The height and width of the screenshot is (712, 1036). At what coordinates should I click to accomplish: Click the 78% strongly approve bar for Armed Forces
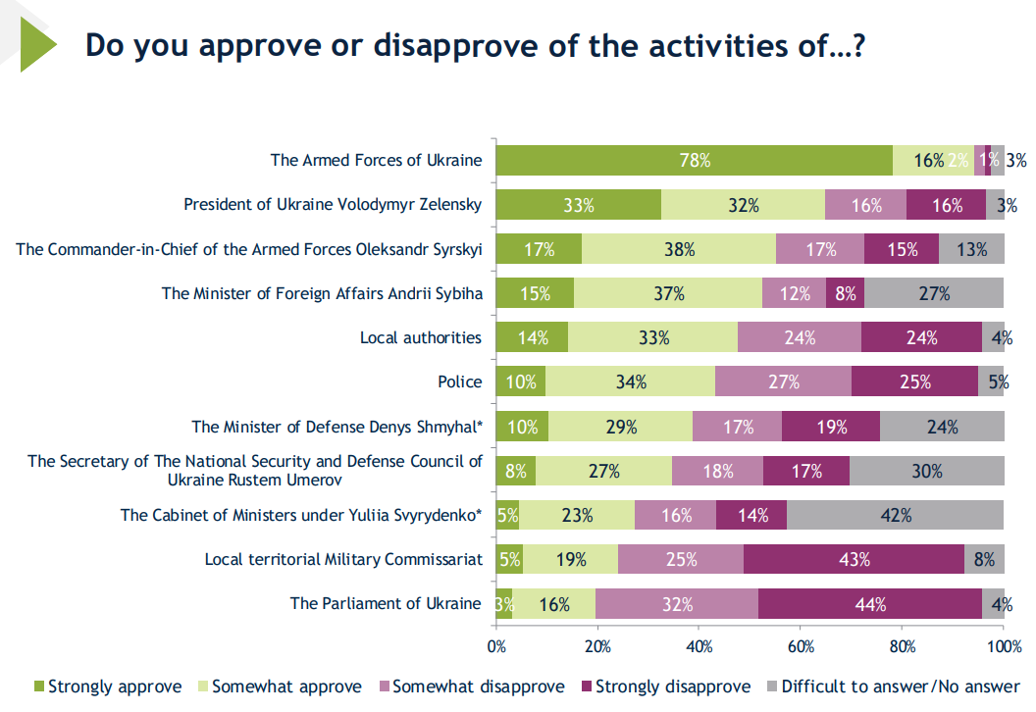coord(695,160)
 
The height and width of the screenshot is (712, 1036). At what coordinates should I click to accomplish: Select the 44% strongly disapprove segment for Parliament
coord(869,604)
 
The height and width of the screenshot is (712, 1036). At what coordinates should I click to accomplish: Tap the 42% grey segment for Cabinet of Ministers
coord(895,515)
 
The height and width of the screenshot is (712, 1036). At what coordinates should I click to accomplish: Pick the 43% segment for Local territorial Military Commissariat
coord(854,560)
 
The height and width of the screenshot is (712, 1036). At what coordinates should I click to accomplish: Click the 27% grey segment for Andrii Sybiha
coord(934,293)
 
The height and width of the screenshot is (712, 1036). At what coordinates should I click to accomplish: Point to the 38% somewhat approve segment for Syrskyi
coord(679,249)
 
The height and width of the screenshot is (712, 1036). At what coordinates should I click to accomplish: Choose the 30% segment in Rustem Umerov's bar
coord(926,471)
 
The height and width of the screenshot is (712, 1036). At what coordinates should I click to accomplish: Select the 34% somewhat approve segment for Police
coord(630,382)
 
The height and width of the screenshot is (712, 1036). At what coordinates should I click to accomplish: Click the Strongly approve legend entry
coord(108,687)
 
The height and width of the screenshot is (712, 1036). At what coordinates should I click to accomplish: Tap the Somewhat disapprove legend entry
coord(471,687)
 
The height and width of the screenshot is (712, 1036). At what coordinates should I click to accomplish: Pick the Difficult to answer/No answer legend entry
coord(893,687)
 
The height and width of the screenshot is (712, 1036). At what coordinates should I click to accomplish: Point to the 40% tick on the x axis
coord(699,646)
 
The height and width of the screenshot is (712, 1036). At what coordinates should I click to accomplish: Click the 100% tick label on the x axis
coord(1003,646)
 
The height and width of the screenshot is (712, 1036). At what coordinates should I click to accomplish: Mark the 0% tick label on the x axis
coord(496,646)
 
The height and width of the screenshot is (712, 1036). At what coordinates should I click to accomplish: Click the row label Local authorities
coord(421,337)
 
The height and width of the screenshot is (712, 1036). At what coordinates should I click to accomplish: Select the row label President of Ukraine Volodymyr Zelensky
coord(334,205)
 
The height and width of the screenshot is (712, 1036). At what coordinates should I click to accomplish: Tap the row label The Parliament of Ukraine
coord(386,603)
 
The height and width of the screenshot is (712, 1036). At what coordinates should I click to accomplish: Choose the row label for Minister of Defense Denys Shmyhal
coord(337,427)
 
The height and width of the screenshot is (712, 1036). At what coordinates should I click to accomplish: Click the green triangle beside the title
coord(37,45)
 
